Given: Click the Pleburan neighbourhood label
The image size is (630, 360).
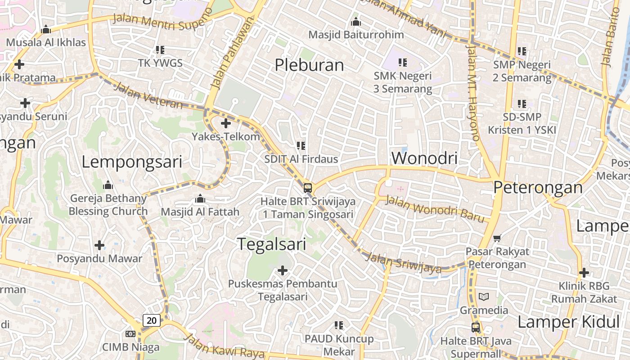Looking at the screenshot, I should pyautogui.click(x=309, y=65).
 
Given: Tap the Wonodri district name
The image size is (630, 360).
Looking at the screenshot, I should pyautogui.click(x=424, y=158).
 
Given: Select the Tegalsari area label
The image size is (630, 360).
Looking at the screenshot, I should pyautogui.click(x=271, y=244).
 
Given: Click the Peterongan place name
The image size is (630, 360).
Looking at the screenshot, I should pyautogui.click(x=538, y=187).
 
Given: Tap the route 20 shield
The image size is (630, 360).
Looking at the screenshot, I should pyautogui.click(x=152, y=320).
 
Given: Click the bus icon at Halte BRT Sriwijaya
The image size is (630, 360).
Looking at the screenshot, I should pyautogui.click(x=308, y=188).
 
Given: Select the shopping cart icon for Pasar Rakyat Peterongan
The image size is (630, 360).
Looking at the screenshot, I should pyautogui.click(x=497, y=238).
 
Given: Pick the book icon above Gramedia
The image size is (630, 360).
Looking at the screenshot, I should pyautogui.click(x=484, y=297).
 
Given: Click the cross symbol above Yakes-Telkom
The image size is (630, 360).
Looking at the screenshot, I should pyautogui.click(x=226, y=123).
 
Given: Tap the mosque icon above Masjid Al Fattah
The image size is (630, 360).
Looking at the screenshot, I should pyautogui.click(x=200, y=198).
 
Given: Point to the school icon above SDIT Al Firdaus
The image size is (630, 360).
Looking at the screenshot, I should pyautogui.click(x=301, y=145).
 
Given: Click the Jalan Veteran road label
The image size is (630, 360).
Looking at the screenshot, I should pyautogui.click(x=149, y=95).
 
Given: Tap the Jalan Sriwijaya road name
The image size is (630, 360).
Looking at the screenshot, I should pyautogui.click(x=403, y=263).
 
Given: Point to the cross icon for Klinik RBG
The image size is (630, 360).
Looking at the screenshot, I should pyautogui.click(x=584, y=272).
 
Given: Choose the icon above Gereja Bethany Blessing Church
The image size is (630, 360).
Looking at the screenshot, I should pyautogui.click(x=108, y=185).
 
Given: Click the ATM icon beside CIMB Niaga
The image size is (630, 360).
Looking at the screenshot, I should pyautogui.click(x=130, y=333).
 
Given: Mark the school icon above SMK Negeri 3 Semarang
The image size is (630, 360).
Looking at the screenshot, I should pyautogui.click(x=402, y=62).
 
